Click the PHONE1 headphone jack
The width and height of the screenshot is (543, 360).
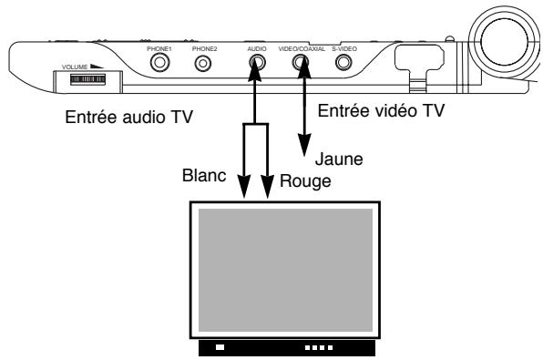[x=161, y=64]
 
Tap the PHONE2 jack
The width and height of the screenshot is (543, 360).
[x=202, y=64]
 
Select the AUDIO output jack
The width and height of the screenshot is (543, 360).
[x=256, y=64]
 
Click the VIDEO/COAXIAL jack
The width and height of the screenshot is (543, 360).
[x=300, y=64]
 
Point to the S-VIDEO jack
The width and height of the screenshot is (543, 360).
[x=343, y=64]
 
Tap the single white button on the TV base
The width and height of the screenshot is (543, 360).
[x=220, y=347]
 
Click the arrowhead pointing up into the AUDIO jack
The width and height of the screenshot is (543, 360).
[x=256, y=78]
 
